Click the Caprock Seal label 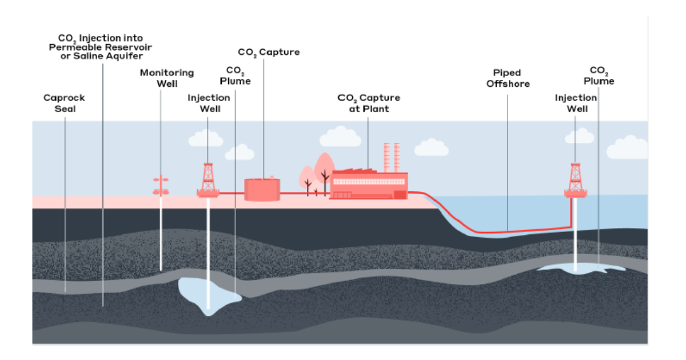[x=64, y=103]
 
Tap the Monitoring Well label [x=167, y=78]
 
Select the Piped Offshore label [x=508, y=78]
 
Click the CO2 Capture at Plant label [x=369, y=103]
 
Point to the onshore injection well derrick [x=208, y=181]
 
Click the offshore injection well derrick [x=576, y=181]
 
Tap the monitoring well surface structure [x=161, y=186]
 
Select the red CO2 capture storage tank [x=262, y=189]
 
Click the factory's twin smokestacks [x=392, y=158]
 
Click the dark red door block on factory [x=400, y=195]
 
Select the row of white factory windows [x=369, y=182]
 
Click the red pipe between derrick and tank [x=232, y=193]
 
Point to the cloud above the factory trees [x=340, y=137]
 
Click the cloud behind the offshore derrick [x=580, y=135]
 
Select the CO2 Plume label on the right [x=599, y=75]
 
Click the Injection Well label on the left [x=209, y=103]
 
